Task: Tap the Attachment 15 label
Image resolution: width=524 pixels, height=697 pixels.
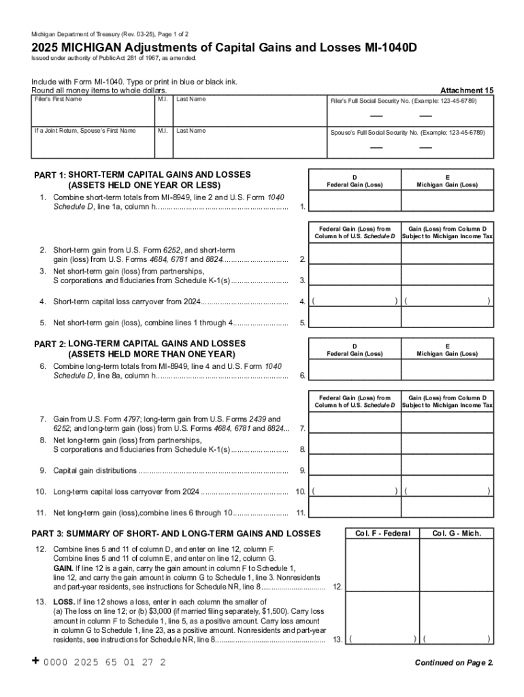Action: pos(467,91)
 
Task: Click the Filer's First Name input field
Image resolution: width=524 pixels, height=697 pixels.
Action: pos(93,112)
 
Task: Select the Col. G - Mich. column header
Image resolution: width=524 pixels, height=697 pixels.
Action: pos(457,534)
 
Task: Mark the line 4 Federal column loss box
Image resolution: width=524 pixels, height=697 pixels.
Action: pos(355,301)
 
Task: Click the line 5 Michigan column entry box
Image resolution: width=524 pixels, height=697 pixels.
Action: pos(447,318)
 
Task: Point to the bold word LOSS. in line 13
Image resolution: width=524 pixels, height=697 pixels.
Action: pos(64,602)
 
